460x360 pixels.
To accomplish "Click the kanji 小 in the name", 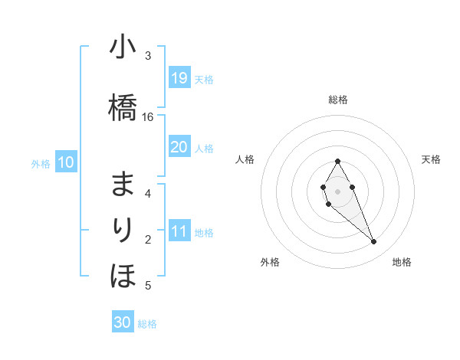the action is click(x=123, y=48).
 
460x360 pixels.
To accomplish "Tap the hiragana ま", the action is click(x=123, y=185).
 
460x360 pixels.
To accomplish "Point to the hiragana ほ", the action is click(x=123, y=273).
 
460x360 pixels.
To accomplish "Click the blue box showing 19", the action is click(x=179, y=78).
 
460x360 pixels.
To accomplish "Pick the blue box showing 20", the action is click(x=179, y=147).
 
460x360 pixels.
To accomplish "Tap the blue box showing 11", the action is click(x=179, y=231).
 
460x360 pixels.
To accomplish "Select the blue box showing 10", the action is click(x=66, y=162).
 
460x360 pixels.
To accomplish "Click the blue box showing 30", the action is click(x=123, y=322).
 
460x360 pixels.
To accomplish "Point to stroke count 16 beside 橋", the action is click(x=148, y=116).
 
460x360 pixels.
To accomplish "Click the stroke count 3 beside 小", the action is click(x=148, y=55).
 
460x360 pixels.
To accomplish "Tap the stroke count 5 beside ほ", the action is click(x=148, y=286).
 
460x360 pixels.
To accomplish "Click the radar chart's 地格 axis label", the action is click(x=402, y=262).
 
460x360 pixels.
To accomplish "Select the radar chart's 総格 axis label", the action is click(x=338, y=100).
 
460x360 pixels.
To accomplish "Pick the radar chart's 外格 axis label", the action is click(x=270, y=262).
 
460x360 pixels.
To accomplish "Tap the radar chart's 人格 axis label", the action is click(x=245, y=159).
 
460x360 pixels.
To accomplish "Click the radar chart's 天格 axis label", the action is click(x=431, y=159).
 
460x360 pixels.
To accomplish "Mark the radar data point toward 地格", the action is click(x=373, y=242).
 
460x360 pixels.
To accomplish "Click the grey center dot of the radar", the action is click(x=338, y=191).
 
